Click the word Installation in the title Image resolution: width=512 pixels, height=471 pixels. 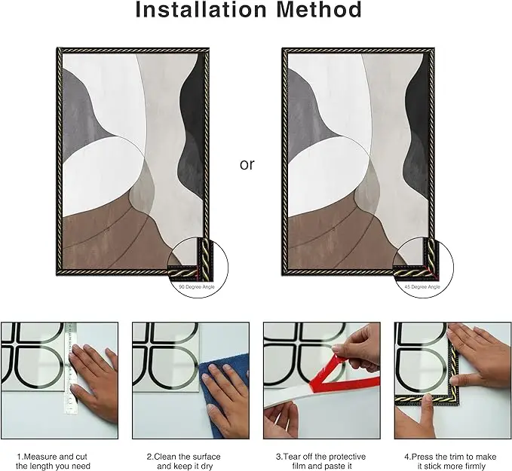click(x=201, y=9)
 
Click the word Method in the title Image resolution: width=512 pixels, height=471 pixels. click(x=319, y=9)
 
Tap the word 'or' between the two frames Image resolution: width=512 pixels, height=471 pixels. click(x=247, y=164)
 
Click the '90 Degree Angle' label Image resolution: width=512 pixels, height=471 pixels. click(x=197, y=287)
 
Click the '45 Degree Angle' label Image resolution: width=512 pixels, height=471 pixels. click(x=422, y=287)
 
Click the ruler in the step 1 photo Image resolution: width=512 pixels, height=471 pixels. click(x=70, y=369)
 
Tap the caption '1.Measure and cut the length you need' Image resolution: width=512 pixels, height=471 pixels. click(x=53, y=461)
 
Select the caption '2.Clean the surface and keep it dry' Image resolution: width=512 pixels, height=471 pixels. click(x=183, y=461)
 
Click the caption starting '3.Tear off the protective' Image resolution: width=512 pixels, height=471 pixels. click(x=320, y=461)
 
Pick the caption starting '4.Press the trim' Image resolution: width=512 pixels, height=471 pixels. click(x=451, y=461)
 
